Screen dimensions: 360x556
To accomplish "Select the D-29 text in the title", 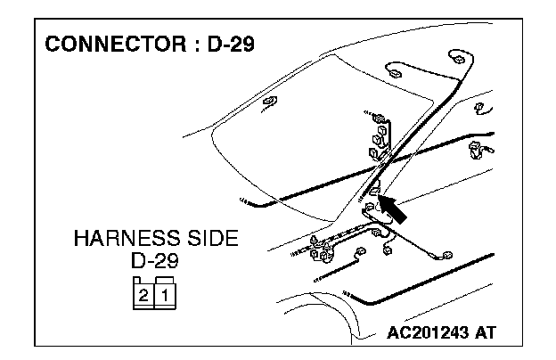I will coord(226,44).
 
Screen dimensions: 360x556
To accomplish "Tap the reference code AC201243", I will coord(430,333).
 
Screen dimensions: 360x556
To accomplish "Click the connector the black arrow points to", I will coord(375,189).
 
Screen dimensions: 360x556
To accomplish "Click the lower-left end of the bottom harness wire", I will coord(347,293).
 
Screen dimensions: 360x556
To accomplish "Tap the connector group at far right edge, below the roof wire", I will coord(484,147).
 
